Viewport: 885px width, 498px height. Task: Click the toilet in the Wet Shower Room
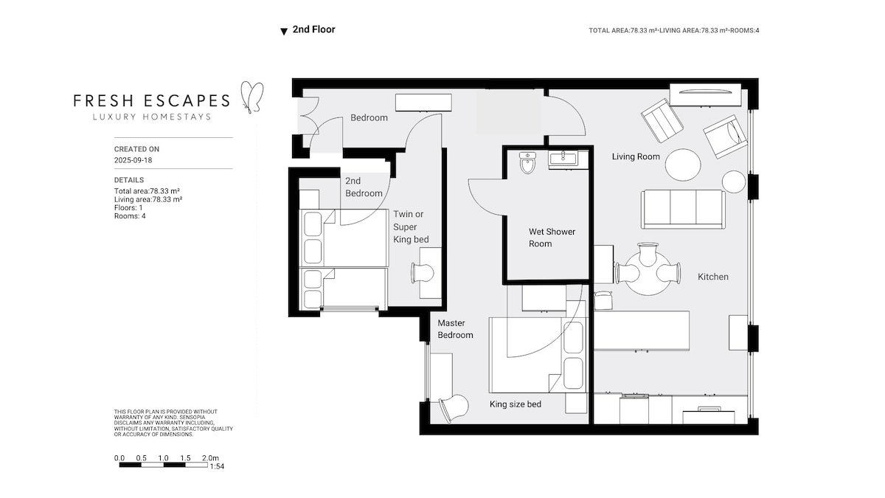click(x=527, y=163)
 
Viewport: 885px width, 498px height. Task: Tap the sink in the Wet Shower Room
click(x=563, y=159)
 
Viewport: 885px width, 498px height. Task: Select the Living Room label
click(x=636, y=156)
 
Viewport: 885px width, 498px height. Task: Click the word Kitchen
click(x=712, y=277)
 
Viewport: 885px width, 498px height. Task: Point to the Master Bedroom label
click(x=455, y=329)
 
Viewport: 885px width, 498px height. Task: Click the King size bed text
click(x=516, y=404)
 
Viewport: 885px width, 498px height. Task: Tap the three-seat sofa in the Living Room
click(x=683, y=209)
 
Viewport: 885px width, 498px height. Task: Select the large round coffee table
click(x=683, y=165)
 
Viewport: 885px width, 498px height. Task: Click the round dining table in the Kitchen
click(x=648, y=273)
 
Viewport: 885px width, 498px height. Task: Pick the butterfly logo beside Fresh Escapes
click(x=251, y=97)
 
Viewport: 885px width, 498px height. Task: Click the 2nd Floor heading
click(x=313, y=30)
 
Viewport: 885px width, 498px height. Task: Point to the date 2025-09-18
click(x=133, y=160)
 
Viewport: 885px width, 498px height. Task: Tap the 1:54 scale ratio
click(x=217, y=466)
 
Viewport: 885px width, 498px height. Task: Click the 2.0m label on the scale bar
click(x=210, y=457)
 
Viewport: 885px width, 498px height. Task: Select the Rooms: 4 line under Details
click(x=130, y=215)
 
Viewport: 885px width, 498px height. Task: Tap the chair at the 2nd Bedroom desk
click(x=423, y=272)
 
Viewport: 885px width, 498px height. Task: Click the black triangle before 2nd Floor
click(x=284, y=32)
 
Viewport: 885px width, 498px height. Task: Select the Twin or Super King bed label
click(x=411, y=226)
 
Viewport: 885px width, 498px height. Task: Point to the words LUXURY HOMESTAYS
click(x=152, y=117)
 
